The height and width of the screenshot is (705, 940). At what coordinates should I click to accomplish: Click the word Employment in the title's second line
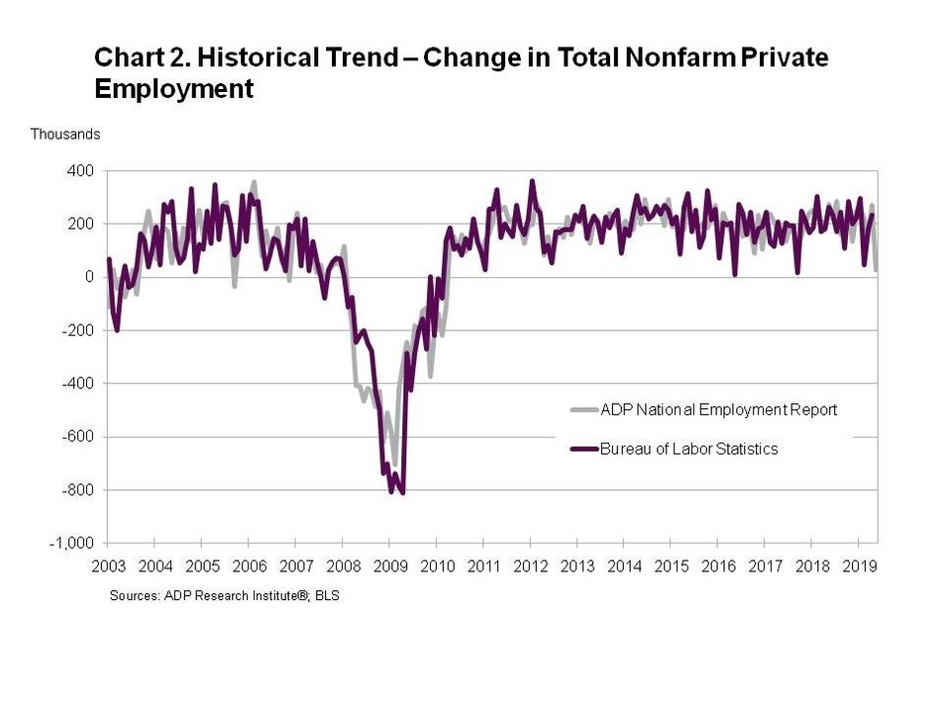[173, 89]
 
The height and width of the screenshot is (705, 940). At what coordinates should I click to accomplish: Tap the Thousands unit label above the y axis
[65, 134]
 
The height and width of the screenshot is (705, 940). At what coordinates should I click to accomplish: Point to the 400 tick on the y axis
[80, 170]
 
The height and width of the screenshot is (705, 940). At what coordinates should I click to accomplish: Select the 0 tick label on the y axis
[88, 277]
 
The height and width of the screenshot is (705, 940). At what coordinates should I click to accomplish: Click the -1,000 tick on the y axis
[72, 544]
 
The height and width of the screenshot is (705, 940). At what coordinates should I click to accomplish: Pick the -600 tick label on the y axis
[78, 437]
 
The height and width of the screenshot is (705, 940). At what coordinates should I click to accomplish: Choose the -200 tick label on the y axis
[78, 331]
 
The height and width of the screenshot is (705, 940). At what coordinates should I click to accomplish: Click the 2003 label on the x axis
[108, 566]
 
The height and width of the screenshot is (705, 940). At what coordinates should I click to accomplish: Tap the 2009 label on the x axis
[389, 566]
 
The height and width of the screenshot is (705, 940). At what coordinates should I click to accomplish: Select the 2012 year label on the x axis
[530, 566]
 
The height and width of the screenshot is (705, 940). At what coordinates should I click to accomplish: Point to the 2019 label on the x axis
[858, 566]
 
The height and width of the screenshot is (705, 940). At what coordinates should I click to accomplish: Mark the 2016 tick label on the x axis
[718, 566]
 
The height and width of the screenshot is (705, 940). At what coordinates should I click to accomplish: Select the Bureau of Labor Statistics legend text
[689, 449]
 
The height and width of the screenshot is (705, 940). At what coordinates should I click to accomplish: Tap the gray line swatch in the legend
[584, 410]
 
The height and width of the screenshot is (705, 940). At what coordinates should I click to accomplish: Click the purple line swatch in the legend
[584, 449]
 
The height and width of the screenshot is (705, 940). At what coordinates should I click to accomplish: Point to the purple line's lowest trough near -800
[402, 491]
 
